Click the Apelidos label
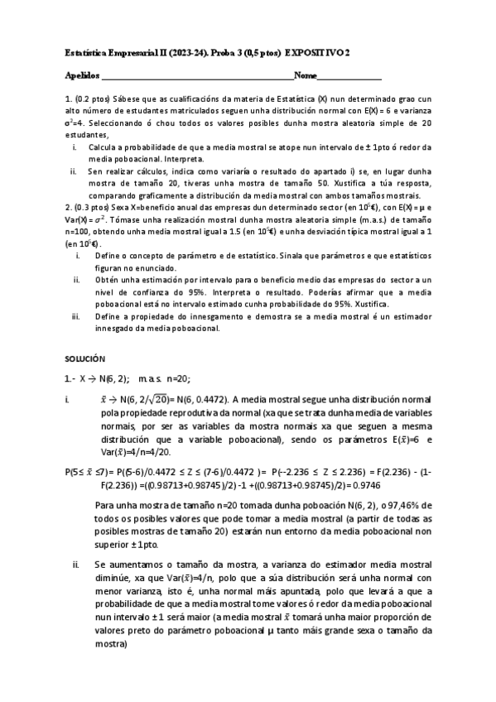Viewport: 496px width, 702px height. pos(80,76)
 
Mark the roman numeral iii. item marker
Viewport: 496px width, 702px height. pos(77,316)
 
